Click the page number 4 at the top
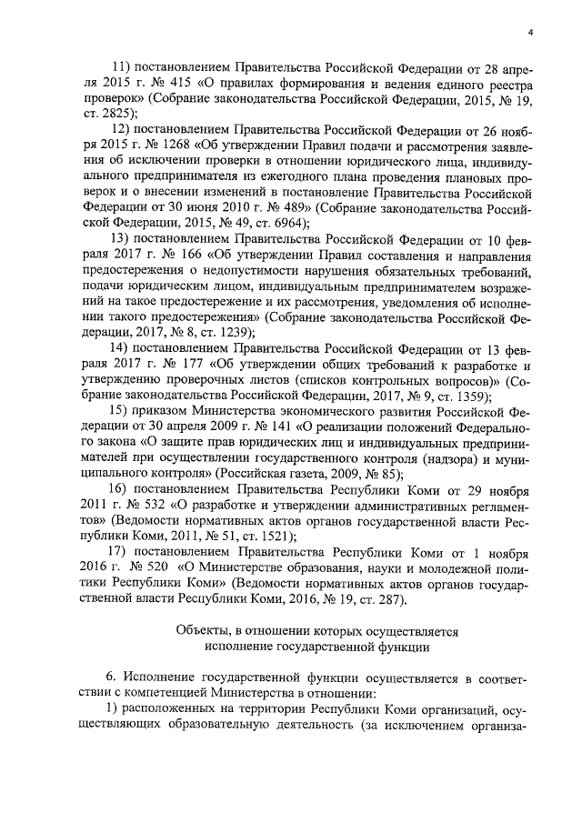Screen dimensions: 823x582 (x=529, y=35)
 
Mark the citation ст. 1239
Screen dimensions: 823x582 (x=230, y=332)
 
